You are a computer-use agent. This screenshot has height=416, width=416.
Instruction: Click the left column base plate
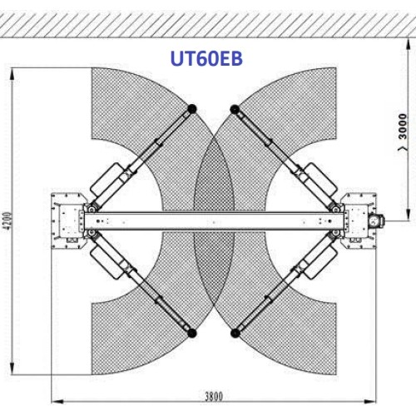pos(66,220)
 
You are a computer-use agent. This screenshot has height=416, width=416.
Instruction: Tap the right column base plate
pos(358,220)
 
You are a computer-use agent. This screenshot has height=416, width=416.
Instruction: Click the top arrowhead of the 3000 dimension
pos(405,40)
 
